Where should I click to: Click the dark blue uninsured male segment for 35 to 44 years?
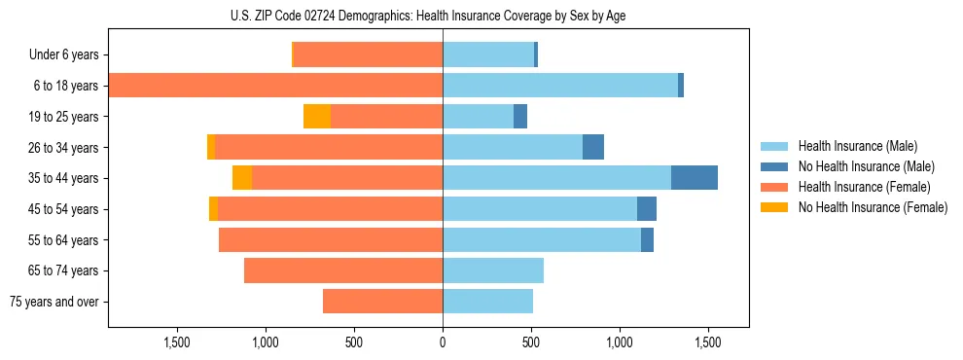coord(694,178)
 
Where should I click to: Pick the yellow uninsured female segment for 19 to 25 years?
coord(317,117)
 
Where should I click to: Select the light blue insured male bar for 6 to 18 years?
coord(559,86)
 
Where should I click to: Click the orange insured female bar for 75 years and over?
coord(382,302)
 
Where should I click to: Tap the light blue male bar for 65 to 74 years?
coord(492,270)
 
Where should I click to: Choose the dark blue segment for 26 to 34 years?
coord(592,148)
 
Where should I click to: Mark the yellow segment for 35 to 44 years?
coord(242,178)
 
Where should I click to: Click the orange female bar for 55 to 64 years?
coord(331,240)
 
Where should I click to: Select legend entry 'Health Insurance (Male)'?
coord(855,146)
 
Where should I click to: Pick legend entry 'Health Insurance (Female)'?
coord(861,187)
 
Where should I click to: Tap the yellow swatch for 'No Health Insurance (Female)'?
coord(775,207)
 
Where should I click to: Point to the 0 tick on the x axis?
coord(443,342)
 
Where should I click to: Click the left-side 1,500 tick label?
coord(177,342)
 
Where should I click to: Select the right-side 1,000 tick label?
coord(620,342)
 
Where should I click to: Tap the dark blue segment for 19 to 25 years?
coord(520,117)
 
